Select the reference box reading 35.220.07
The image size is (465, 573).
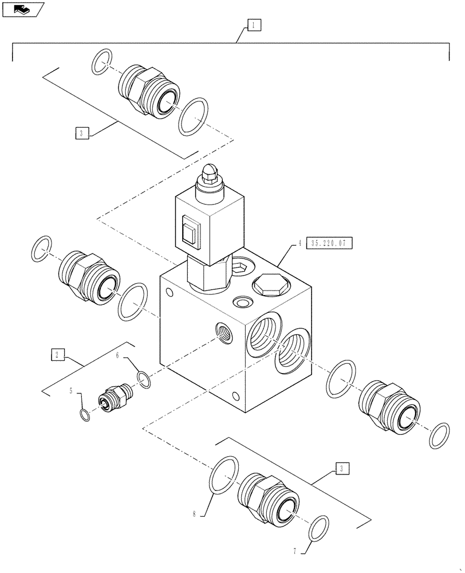click(x=330, y=244)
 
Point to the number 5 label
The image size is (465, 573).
click(x=72, y=391)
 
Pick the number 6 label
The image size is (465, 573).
click(x=118, y=356)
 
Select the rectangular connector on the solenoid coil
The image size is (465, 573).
click(x=190, y=231)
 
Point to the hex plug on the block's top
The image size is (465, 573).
click(x=267, y=284)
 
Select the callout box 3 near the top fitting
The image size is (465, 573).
click(x=82, y=133)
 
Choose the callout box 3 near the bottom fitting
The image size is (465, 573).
click(x=341, y=469)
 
